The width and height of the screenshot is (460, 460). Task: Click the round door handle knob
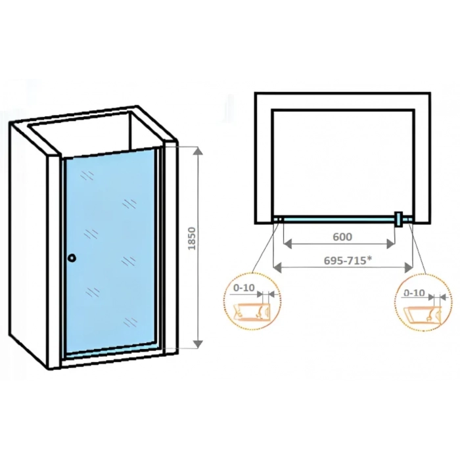(72, 258)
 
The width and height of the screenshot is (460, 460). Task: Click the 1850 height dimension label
(192, 238)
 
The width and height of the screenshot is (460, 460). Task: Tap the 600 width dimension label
(342, 237)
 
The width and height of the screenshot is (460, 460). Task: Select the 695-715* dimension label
(346, 260)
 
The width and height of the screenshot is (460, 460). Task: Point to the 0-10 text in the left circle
(244, 288)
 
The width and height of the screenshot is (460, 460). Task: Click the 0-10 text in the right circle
(414, 292)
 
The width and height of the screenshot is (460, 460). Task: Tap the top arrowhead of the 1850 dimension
(199, 151)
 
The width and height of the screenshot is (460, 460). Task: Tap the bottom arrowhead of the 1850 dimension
(199, 344)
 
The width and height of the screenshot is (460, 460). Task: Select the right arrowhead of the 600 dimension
(390, 244)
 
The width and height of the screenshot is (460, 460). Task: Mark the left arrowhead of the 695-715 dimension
(277, 267)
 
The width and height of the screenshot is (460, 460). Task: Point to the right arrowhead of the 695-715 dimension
(409, 267)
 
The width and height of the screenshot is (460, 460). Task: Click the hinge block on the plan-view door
(398, 219)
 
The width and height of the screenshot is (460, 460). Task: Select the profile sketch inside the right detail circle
(423, 315)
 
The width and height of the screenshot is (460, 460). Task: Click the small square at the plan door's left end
(280, 219)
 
